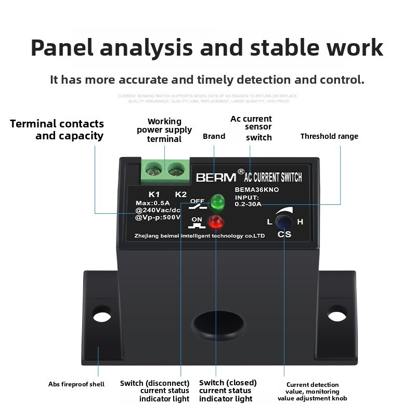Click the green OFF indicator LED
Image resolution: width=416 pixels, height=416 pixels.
[217, 201]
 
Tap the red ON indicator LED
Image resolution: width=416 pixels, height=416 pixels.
[215, 223]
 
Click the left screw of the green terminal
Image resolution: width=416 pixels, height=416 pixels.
[153, 168]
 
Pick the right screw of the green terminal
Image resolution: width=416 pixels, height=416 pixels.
[176, 168]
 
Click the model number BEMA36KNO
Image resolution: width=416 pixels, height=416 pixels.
[257, 190]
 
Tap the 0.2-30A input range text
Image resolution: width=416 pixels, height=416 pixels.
[248, 204]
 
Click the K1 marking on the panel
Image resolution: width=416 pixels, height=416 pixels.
[154, 194]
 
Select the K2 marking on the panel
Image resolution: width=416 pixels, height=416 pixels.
[180, 194]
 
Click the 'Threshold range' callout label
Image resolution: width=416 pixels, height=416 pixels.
[329, 136]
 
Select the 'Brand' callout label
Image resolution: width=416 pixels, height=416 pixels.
[214, 136]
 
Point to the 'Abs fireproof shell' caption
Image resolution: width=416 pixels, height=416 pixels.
[76, 384]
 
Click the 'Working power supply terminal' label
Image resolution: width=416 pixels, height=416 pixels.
[164, 130]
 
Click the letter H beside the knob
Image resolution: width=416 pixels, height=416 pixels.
[300, 222]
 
